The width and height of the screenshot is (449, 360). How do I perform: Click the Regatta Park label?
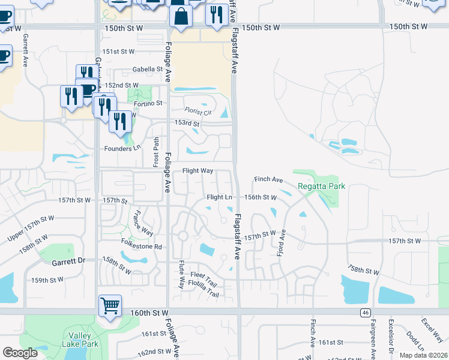coord(321,186)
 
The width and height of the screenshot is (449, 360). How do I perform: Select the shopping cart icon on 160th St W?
coord(110,306)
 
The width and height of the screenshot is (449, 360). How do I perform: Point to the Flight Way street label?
coord(198,171)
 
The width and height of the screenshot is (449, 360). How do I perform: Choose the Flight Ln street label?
coord(219,197)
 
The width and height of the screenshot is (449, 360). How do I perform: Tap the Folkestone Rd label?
coord(142,247)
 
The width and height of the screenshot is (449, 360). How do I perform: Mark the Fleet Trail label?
coord(202,275)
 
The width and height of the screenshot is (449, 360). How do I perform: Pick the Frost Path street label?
coord(156,151)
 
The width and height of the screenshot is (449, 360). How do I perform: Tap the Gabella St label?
coord(148,70)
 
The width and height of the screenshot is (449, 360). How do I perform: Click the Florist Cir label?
coord(198,112)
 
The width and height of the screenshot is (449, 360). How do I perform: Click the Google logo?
coord(20,353)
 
